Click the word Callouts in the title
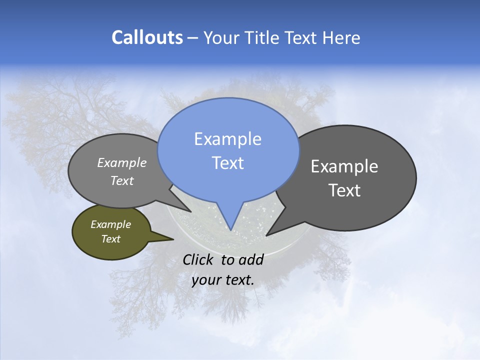coord(147,38)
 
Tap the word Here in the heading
coord(341,38)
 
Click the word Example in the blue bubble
coord(227,139)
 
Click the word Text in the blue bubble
coord(227,163)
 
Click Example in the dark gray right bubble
coord(344,166)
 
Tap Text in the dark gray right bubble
coord(344,190)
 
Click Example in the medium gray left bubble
coord(121,163)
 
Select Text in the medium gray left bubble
coord(121,181)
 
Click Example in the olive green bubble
coord(110,225)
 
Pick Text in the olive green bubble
coord(110,239)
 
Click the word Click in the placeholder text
coord(198,259)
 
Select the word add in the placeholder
coord(251,259)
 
